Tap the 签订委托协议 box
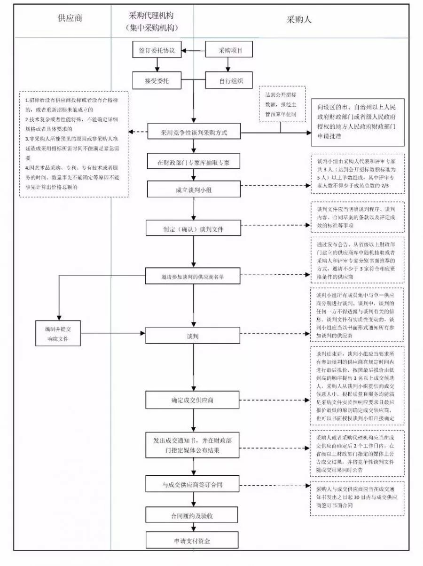(x=157, y=51)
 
